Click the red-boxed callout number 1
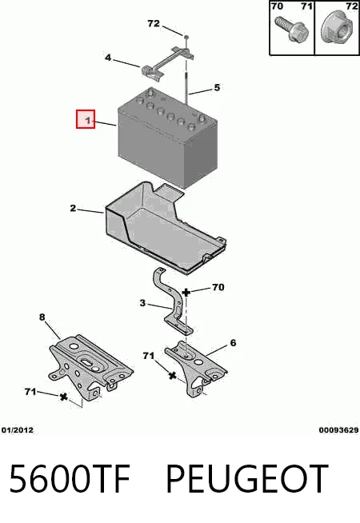click(x=87, y=120)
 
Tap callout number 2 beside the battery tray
click(x=74, y=208)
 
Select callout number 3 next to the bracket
click(x=142, y=303)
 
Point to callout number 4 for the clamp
click(x=108, y=58)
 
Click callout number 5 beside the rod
click(x=217, y=87)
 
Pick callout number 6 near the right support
click(x=233, y=343)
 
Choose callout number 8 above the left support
click(x=42, y=317)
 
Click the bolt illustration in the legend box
click(x=291, y=30)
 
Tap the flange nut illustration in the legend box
click(x=336, y=27)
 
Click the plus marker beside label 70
click(x=186, y=293)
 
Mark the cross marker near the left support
click(x=63, y=397)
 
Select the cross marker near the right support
click(x=172, y=376)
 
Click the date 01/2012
click(x=18, y=430)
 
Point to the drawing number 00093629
click(x=338, y=430)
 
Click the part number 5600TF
click(x=70, y=478)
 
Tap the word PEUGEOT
click(x=247, y=478)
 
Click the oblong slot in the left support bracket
click(x=86, y=362)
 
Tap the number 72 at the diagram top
click(x=154, y=24)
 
